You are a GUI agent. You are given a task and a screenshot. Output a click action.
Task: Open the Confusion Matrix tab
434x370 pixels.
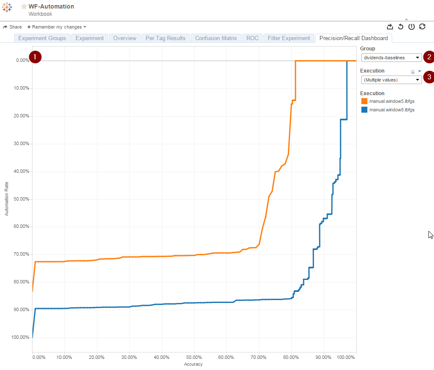pos(216,38)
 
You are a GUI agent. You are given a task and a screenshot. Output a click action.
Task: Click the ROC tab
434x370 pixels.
pos(252,38)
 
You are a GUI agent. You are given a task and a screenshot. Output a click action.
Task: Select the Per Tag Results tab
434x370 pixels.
pos(165,38)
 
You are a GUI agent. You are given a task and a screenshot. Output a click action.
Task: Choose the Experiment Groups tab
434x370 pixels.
pos(42,38)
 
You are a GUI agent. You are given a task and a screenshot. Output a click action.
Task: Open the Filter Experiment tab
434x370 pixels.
pos(289,38)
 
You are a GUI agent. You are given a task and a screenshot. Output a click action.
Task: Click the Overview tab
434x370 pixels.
pos(125,38)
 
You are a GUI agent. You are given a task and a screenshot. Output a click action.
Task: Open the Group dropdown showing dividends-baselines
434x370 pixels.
pos(391,58)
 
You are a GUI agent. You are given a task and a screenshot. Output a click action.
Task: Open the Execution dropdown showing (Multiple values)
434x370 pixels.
pos(391,80)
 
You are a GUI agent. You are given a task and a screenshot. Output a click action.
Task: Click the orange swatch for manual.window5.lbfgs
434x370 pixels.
pos(364,101)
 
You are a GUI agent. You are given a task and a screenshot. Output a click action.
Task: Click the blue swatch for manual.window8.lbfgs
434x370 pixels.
pos(364,110)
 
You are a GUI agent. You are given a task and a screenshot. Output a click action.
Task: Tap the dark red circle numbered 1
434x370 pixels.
pos(35,57)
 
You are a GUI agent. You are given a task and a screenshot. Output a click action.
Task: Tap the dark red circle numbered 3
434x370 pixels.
pos(429,77)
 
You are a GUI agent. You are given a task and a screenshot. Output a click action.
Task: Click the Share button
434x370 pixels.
pos(12,27)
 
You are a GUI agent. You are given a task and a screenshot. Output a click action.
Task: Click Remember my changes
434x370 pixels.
pos(57,27)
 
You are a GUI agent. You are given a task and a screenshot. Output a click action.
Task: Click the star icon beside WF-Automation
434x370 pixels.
pos(24,6)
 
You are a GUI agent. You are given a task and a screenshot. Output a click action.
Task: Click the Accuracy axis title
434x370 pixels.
pos(193,364)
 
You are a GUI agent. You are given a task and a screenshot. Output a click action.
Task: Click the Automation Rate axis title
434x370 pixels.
pos(7,199)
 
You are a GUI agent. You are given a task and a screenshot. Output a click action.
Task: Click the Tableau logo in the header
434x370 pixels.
pos(7,7)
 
